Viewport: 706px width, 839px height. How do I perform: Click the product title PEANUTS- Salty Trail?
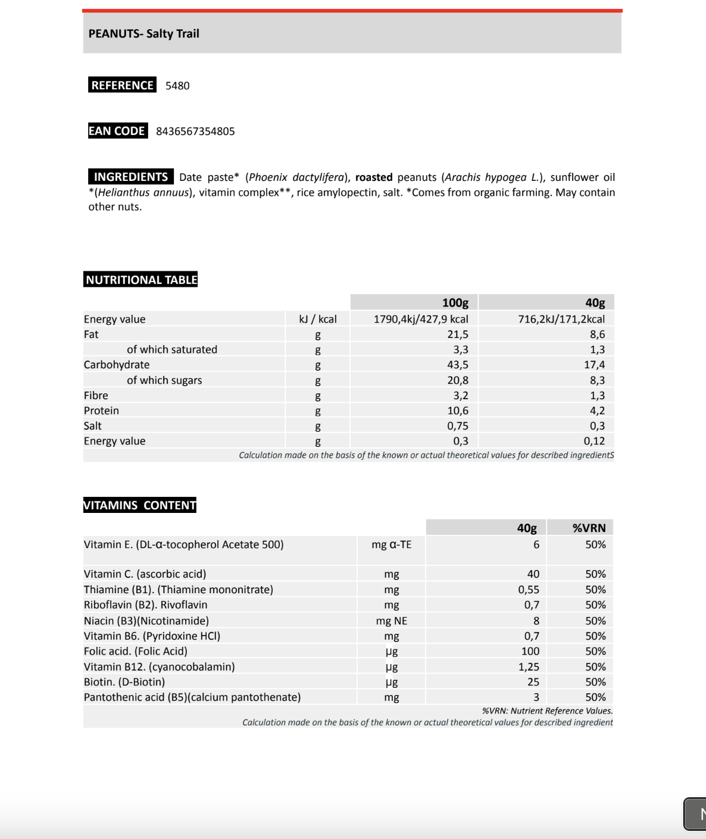(144, 34)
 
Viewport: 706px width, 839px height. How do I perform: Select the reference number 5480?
(177, 86)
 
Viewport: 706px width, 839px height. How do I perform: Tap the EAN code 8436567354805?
(195, 132)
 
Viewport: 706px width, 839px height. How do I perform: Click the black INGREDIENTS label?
(131, 177)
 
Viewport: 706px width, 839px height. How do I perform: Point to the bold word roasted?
(374, 177)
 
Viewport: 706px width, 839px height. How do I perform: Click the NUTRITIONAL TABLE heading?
(141, 280)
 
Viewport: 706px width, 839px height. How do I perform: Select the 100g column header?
(455, 303)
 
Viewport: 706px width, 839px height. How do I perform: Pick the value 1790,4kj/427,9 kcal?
(421, 319)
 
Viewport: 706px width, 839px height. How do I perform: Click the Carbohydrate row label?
(117, 365)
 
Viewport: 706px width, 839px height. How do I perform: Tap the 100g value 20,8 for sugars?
(458, 380)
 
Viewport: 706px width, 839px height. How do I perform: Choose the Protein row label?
(101, 411)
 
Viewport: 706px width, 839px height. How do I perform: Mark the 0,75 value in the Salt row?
(458, 426)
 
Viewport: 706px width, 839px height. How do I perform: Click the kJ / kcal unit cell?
(318, 319)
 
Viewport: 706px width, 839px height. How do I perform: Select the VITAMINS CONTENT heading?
(140, 505)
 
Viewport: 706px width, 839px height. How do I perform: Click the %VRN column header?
(589, 528)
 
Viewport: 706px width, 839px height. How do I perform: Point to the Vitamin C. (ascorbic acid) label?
(145, 574)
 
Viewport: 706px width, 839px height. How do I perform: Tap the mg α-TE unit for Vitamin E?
(391, 544)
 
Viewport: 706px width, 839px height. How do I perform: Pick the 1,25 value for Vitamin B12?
(529, 667)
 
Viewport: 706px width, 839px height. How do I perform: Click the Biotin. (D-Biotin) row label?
(124, 682)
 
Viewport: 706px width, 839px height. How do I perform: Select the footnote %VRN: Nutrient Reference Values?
(547, 710)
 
